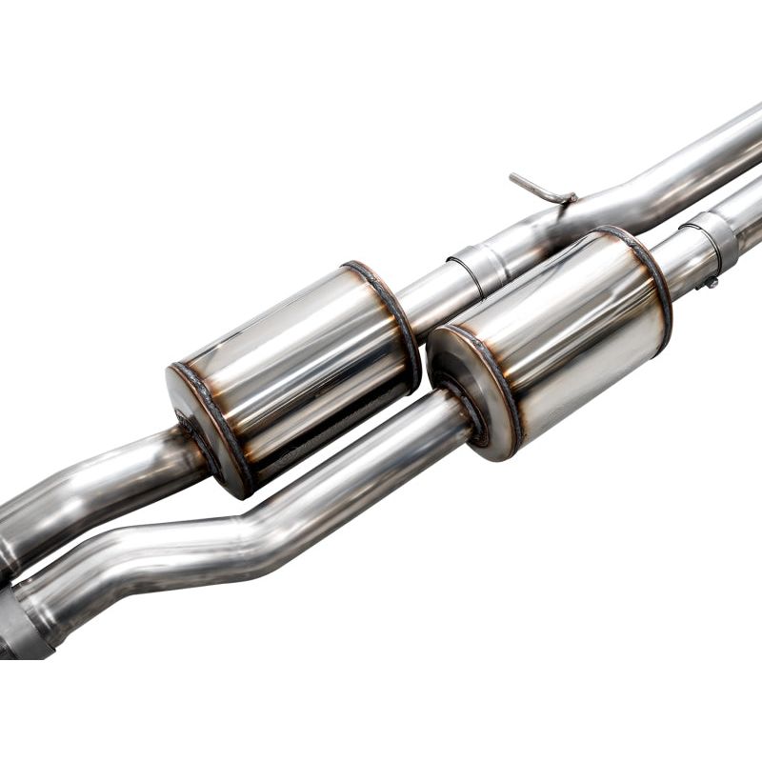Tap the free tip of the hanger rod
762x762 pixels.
point(513,177)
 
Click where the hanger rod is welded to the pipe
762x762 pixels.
point(569,199)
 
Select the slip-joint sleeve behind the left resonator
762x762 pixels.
point(477,268)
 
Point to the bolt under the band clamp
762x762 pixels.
point(707,282)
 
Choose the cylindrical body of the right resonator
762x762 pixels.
point(562,324)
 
